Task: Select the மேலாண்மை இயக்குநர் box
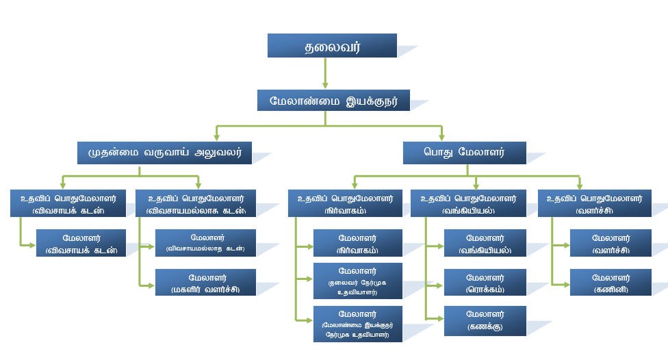[333, 100]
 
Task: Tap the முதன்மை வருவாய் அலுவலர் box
[165, 153]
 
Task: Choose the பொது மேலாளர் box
[454, 153]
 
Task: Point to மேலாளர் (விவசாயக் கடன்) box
[81, 243]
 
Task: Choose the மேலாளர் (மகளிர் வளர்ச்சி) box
[205, 282]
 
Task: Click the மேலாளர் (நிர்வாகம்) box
[357, 243]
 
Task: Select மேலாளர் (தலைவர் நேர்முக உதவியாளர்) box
[357, 280]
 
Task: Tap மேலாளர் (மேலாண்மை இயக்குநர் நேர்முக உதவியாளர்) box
[357, 324]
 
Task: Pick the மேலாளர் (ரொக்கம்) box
[485, 282]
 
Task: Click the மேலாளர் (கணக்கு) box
[485, 320]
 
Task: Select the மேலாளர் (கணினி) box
[610, 282]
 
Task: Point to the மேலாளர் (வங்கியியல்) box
[485, 243]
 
